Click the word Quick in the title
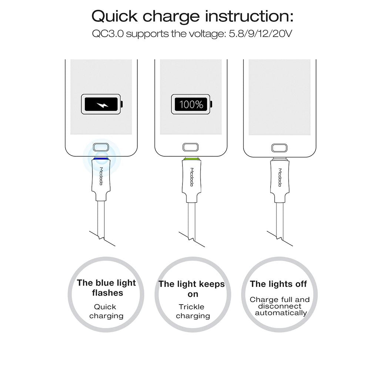point(114,16)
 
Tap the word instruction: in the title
point(249,16)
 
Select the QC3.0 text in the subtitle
point(108,34)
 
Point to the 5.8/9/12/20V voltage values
point(260,34)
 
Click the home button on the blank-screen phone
point(279,148)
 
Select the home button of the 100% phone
point(191,147)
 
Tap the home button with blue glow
point(101,147)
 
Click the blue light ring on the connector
point(101,158)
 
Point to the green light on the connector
point(191,159)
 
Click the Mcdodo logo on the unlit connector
point(280,177)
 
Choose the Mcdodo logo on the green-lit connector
point(192,177)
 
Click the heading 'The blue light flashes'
point(107,288)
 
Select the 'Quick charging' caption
point(106,311)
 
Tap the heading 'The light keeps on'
point(192,289)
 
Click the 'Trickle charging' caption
point(192,311)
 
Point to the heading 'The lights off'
point(278,284)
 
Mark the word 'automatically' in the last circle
point(281,313)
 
